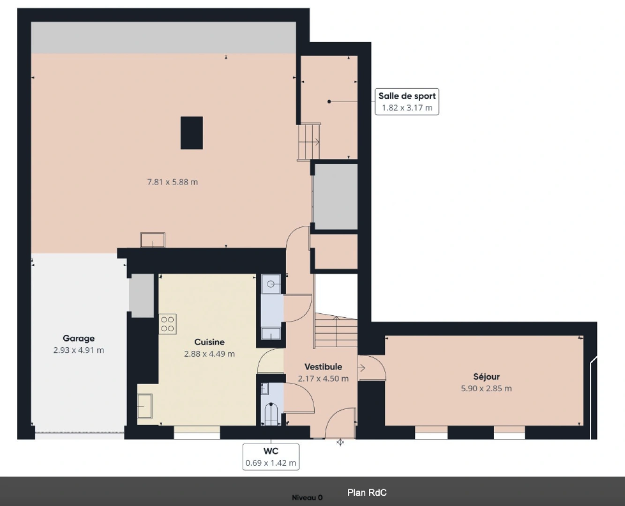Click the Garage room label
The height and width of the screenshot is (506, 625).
tap(79, 338)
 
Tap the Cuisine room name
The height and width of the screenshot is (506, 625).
tap(209, 342)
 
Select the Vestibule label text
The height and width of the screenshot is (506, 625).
tap(323, 367)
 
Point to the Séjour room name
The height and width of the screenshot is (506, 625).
tap(486, 377)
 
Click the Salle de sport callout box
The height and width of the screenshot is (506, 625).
tap(407, 102)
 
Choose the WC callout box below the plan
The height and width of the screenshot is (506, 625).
tap(271, 457)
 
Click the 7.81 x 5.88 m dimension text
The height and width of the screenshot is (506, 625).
tap(173, 182)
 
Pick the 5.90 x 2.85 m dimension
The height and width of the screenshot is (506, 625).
tap(486, 388)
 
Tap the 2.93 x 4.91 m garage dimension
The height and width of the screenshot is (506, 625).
tap(79, 350)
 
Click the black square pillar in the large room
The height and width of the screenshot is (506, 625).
tap(192, 133)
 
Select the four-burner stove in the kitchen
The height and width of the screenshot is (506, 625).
tap(167, 324)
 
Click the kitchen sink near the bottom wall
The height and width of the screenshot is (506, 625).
tap(145, 406)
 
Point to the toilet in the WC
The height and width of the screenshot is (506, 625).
tap(271, 414)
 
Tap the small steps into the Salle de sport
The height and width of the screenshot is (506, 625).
tap(309, 142)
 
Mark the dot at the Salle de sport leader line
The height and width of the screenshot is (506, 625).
tap(329, 102)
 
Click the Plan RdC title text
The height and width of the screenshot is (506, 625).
tap(367, 492)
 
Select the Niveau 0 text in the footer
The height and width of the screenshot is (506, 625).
tap(307, 498)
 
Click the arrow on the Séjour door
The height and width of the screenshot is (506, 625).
tap(362, 368)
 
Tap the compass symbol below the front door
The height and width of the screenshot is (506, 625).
tap(340, 442)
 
